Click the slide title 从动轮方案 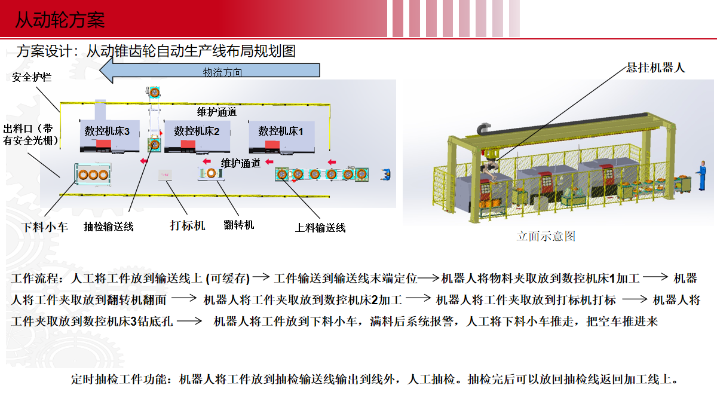point(60,20)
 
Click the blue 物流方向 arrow point(210,71)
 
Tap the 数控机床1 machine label point(281,131)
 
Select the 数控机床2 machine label point(197,131)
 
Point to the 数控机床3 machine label point(107,131)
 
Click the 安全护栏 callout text point(32,77)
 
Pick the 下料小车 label point(45,227)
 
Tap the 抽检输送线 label point(109,227)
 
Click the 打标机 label point(187,225)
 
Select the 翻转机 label point(239,225)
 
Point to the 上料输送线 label point(320,228)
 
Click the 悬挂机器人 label point(655,68)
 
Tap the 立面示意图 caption point(546,236)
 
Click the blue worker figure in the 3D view point(702,176)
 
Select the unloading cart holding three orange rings point(93,175)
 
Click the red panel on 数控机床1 point(272,145)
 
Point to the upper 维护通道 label point(217,112)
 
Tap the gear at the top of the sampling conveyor point(154,93)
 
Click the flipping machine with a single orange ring point(210,173)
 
